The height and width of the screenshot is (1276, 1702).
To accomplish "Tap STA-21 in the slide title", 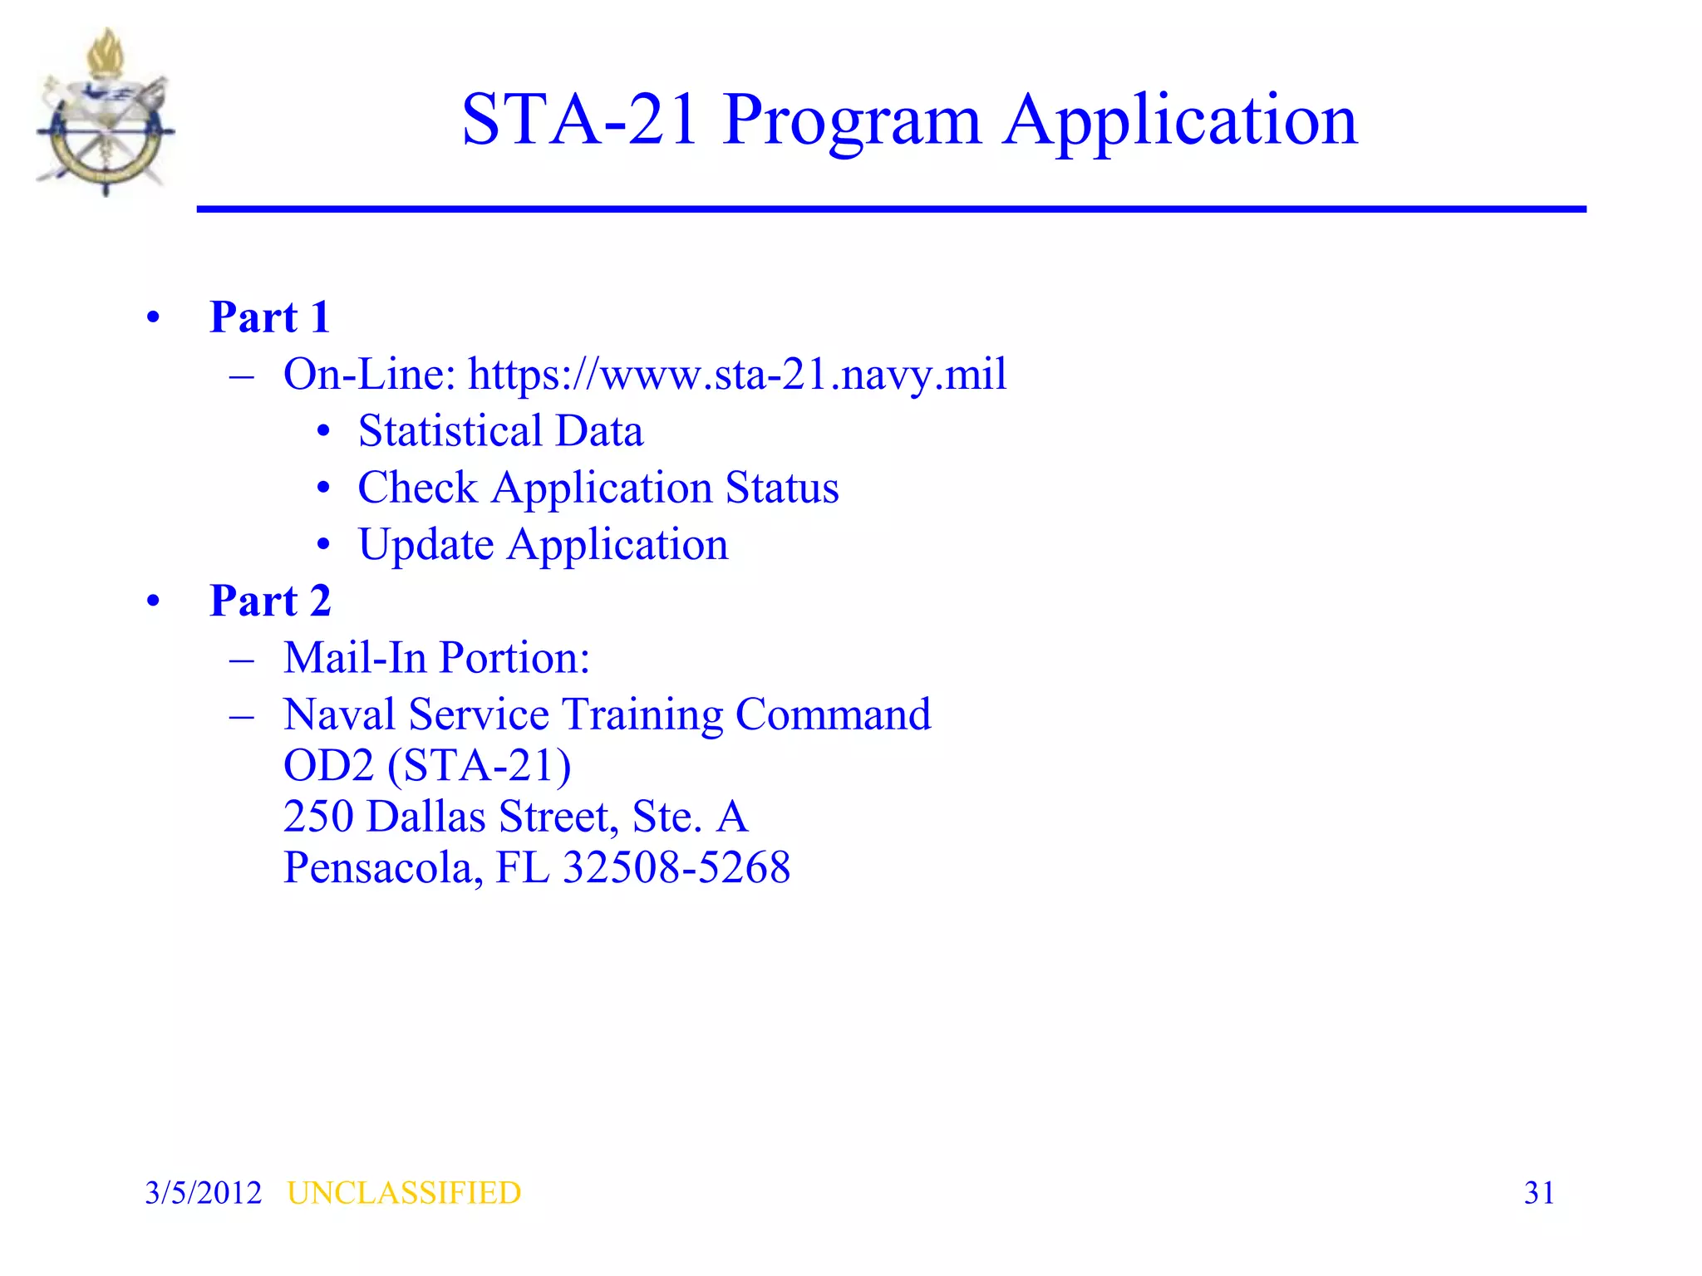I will pos(579,120).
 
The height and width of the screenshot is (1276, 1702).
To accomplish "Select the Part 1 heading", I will pos(270,317).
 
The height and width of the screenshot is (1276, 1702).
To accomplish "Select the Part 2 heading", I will pos(270,601).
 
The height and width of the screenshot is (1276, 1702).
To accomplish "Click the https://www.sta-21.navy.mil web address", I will pos(737,375).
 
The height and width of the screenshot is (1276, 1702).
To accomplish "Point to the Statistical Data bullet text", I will pos(500,431).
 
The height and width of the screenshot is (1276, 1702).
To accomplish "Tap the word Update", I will pos(426,545).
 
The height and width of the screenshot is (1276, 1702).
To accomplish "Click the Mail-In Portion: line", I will pos(436,658).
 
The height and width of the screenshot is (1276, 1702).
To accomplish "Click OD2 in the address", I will pos(329,766).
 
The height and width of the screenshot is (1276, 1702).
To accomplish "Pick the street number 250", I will pos(318,817).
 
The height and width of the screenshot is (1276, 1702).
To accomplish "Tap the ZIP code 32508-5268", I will pos(676,868).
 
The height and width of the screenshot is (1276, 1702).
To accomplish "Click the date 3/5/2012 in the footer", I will pos(203,1193).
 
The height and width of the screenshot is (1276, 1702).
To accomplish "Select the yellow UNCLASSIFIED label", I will pos(404,1193).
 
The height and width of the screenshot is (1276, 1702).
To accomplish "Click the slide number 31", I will pos(1539,1193).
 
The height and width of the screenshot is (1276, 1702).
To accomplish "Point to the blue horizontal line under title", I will pos(891,209).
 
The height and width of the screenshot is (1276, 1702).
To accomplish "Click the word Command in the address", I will pos(833,715).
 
